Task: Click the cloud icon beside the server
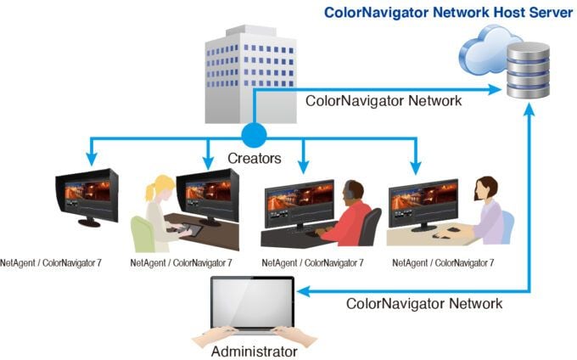486,49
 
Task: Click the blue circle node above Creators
254,135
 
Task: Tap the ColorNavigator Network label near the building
384,100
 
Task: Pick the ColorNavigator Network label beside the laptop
424,303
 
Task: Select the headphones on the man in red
347,192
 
